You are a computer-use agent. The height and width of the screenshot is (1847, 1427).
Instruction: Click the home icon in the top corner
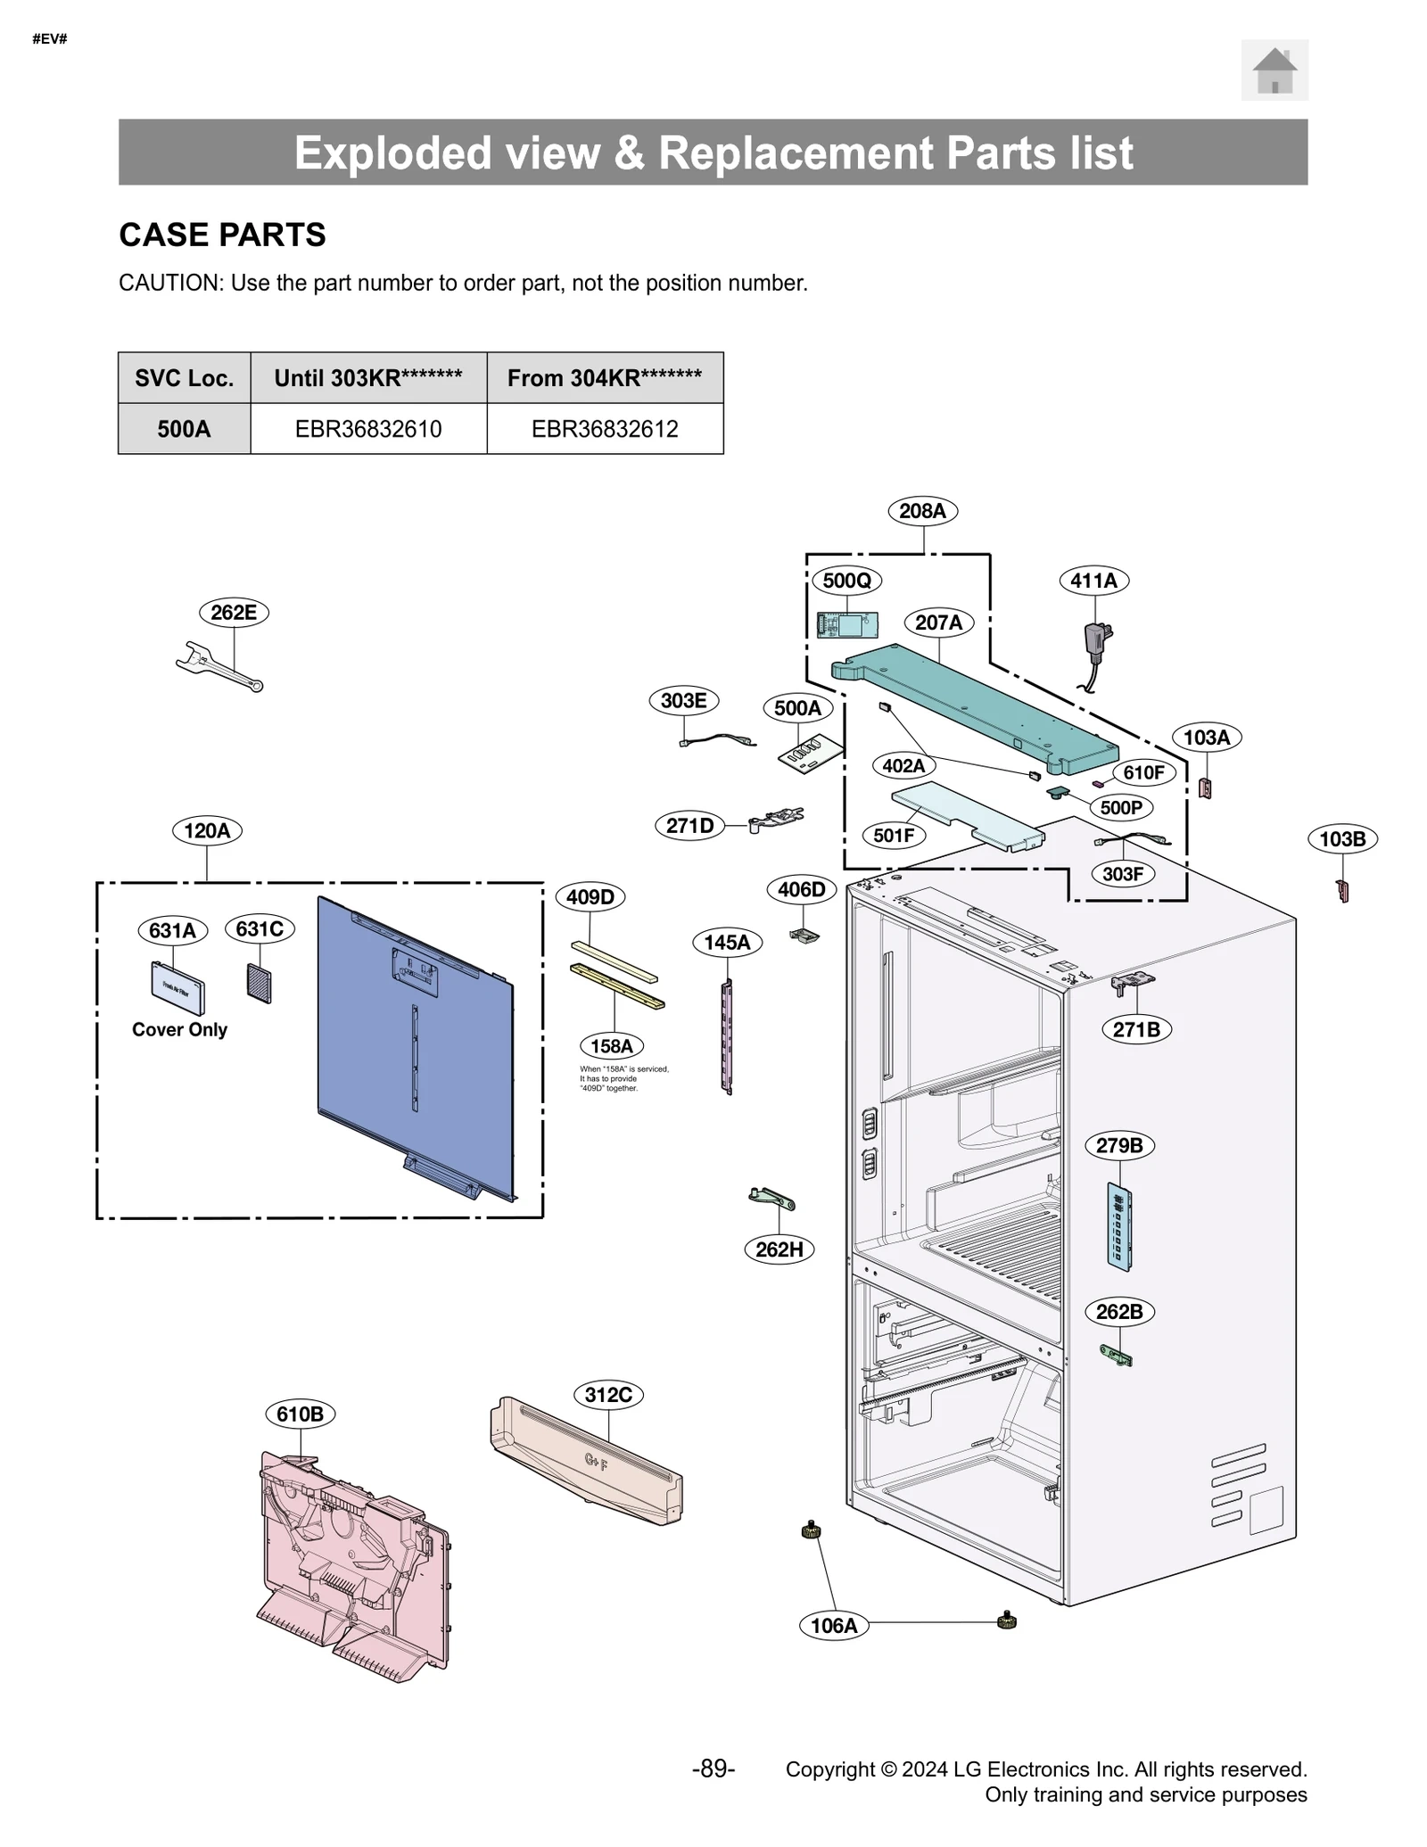(x=1274, y=70)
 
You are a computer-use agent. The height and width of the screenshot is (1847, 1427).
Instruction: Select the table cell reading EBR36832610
(x=368, y=429)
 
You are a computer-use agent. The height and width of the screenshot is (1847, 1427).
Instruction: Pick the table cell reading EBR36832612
(x=605, y=429)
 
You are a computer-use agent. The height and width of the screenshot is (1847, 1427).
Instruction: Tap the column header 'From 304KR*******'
(x=605, y=378)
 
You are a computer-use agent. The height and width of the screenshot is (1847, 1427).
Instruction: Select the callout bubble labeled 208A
(x=922, y=511)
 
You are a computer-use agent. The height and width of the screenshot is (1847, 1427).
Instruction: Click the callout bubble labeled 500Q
(x=846, y=581)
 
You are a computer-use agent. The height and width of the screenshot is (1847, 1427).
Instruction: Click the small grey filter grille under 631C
(x=259, y=983)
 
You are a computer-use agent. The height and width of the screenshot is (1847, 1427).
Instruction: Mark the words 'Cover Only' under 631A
(x=179, y=1029)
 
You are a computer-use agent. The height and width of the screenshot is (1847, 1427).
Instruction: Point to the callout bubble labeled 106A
(x=833, y=1625)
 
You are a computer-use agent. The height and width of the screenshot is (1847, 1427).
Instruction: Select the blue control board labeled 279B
(x=1118, y=1225)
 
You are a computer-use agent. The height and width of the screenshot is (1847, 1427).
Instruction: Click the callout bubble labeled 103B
(x=1341, y=839)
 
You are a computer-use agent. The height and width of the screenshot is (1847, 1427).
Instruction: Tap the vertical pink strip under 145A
(x=728, y=1036)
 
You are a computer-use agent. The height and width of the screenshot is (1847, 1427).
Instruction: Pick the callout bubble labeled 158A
(x=611, y=1046)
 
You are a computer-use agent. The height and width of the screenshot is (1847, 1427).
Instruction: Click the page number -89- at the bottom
(x=713, y=1769)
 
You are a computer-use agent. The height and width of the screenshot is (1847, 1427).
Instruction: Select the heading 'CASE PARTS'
(x=222, y=235)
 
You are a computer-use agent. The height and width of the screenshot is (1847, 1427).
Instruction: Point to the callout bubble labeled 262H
(x=779, y=1249)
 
